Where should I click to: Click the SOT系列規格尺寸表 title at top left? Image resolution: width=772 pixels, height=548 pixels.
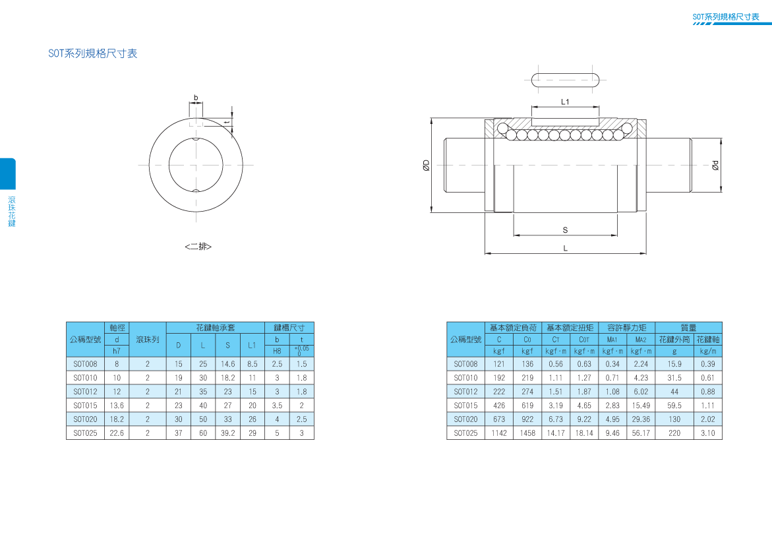[92, 53]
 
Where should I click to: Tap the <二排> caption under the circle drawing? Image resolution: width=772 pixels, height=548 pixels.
[198, 246]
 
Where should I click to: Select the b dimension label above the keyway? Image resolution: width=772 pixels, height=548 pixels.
[195, 98]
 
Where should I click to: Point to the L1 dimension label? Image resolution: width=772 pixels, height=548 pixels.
[565, 102]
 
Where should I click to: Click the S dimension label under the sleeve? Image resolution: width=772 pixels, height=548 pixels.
[565, 230]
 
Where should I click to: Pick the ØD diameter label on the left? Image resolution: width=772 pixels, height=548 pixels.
[427, 166]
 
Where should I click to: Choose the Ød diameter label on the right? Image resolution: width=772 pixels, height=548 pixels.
[715, 166]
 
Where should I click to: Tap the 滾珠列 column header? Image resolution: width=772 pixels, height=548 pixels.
[147, 340]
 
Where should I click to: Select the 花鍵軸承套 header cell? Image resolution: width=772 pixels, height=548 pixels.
[215, 328]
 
